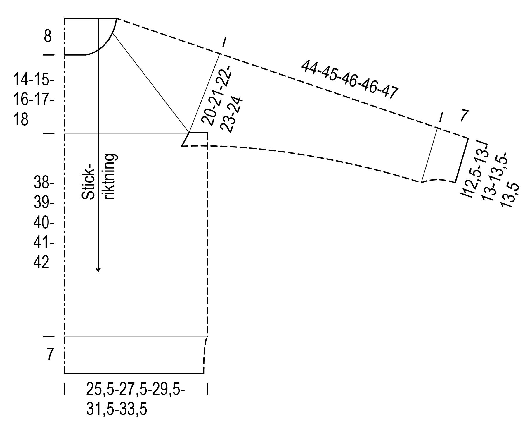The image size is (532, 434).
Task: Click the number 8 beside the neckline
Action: pos(48,37)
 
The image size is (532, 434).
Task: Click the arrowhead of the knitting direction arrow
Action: pos(98,269)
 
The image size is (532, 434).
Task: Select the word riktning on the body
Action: pos(110,177)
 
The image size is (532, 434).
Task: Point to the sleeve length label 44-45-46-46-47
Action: pos(349,80)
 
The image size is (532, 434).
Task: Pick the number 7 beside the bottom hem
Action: pos(50,355)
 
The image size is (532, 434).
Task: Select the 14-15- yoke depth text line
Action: pos(34,80)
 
